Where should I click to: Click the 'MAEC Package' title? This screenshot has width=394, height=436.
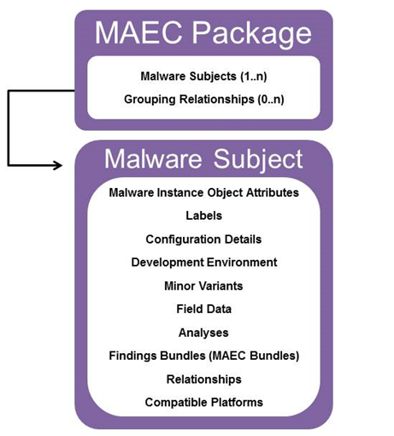coord(203,33)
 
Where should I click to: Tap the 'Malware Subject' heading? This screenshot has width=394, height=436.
coord(203,160)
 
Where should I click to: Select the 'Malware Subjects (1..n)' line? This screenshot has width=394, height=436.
coord(203,76)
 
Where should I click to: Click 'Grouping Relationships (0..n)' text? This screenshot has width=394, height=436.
coord(204,99)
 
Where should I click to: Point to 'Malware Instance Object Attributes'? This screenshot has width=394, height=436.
coord(204,192)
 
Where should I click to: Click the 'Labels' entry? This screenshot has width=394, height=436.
coord(204,215)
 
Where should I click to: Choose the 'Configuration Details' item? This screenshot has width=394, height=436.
coord(203,239)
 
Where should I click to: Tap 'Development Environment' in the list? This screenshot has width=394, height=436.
coord(204,262)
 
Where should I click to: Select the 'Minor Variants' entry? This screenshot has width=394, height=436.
coord(203,286)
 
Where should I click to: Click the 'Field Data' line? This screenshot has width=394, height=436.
coord(204,309)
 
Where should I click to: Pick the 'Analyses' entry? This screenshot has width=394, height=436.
coord(203,333)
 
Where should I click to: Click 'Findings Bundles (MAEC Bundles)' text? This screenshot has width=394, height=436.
coord(204,356)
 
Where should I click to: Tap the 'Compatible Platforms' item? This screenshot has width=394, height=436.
coord(204,403)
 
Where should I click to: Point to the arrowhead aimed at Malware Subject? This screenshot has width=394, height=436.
coord(58,165)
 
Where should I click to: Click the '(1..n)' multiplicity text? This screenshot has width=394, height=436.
coord(254,76)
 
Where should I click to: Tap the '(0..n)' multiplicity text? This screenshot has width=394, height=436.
coord(271,99)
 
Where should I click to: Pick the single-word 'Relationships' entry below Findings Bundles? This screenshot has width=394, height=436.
coord(204,380)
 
